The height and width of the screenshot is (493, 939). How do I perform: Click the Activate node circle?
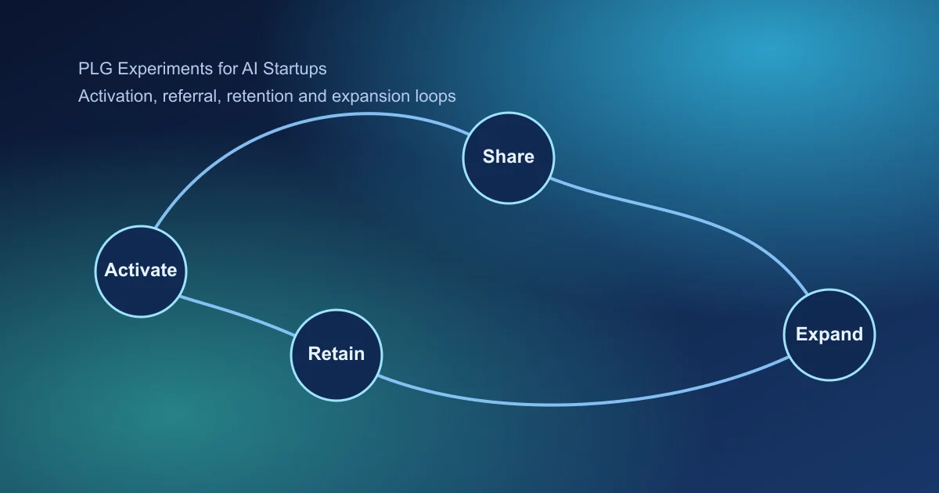[x=141, y=270]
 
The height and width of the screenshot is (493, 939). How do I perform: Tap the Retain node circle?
[x=336, y=354]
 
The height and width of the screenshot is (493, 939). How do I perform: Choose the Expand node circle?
[x=829, y=334]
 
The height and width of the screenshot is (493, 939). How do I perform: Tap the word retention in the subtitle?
[x=259, y=96]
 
